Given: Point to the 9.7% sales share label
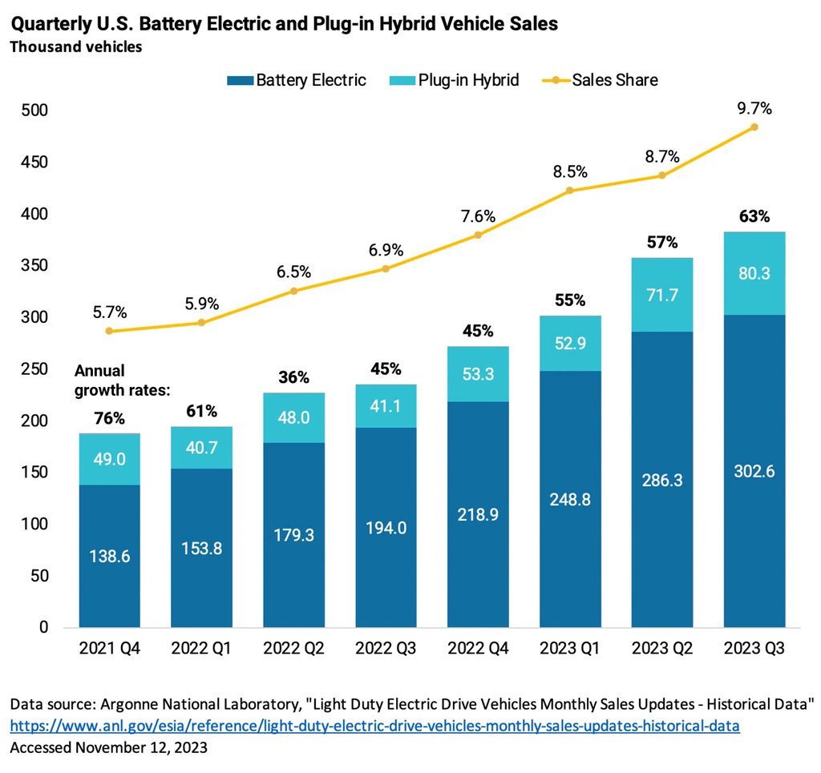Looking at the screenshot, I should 754,108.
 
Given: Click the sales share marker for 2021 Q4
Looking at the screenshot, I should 109,331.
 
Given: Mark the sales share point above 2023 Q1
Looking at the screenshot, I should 570,191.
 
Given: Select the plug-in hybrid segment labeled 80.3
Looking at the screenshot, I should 754,273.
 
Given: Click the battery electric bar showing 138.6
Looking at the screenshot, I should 109,556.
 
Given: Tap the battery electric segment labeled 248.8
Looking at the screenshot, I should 570,498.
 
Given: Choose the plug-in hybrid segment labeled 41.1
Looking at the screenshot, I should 386,406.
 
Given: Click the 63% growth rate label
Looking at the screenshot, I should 754,216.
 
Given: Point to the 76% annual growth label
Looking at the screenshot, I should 109,418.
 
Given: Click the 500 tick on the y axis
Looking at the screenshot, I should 34,111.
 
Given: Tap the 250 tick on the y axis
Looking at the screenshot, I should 34,369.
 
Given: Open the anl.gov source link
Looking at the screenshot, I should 374,727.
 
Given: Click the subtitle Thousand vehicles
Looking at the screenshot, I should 75,47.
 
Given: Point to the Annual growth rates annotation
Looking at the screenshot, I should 123,379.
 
